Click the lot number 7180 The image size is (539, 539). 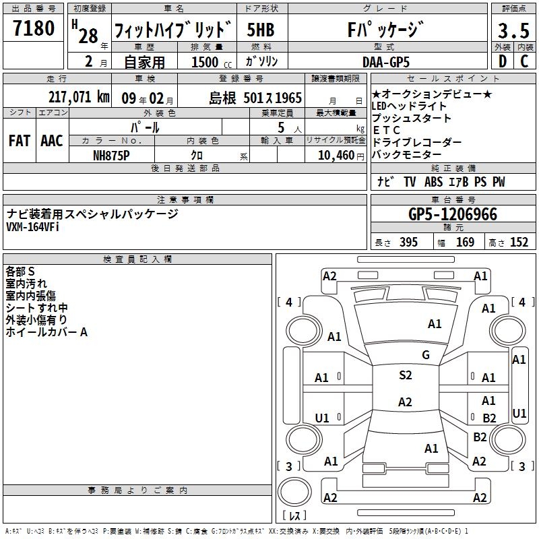click(x=34, y=29)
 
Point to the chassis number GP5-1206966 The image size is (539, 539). click(x=453, y=215)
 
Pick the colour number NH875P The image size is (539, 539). click(x=113, y=154)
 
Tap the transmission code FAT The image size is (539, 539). click(x=20, y=140)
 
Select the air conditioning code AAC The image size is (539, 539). click(x=52, y=140)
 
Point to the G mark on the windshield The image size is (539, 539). click(x=425, y=355)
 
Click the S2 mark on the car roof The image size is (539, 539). click(x=405, y=375)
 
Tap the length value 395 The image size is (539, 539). click(x=407, y=243)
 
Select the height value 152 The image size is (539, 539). click(x=519, y=243)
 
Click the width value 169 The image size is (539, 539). click(x=465, y=243)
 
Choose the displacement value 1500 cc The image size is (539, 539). click(x=208, y=62)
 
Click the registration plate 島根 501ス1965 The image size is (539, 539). click(x=255, y=98)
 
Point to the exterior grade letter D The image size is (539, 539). click(x=502, y=61)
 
